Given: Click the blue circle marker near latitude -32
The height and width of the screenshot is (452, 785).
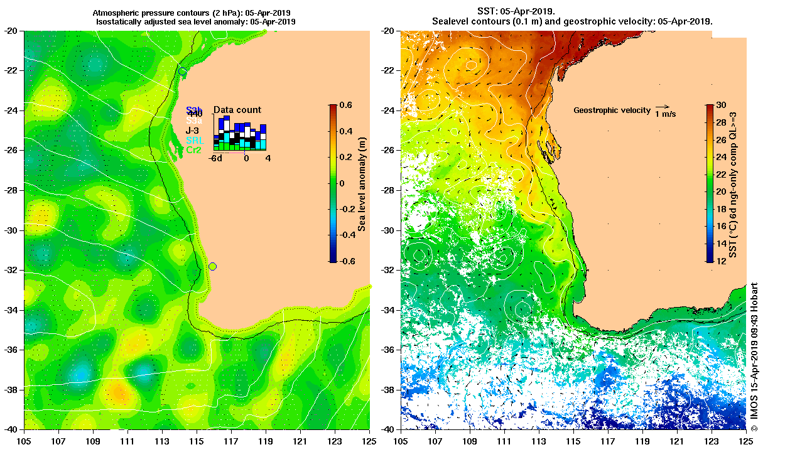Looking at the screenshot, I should tap(212, 266).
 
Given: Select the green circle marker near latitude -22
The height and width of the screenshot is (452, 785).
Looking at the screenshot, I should tap(182, 72).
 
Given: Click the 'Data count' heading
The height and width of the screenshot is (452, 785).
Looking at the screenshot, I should tap(237, 110).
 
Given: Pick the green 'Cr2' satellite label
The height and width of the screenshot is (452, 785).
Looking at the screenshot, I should tap(194, 150).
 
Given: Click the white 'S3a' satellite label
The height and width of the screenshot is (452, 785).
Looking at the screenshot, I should tap(194, 120).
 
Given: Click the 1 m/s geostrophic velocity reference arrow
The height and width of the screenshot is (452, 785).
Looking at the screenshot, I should tap(661, 107).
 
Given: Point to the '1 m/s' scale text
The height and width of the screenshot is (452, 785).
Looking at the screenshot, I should tap(666, 114).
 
